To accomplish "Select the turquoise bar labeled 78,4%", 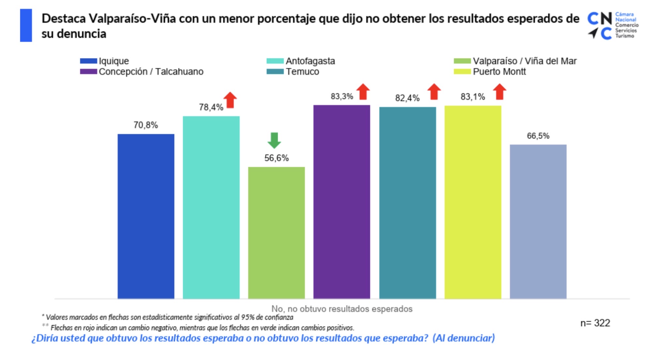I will pyautogui.click(x=211, y=207).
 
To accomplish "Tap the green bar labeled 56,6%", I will pyautogui.click(x=276, y=233).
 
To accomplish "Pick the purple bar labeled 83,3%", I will pyautogui.click(x=342, y=202).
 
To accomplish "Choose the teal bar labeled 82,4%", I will pyautogui.click(x=408, y=203).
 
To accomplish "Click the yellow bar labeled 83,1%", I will pyautogui.click(x=473, y=202).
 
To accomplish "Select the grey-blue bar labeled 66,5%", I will pyautogui.click(x=538, y=221).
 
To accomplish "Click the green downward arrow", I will pyautogui.click(x=274, y=141).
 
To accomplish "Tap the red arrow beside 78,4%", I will pyautogui.click(x=230, y=100).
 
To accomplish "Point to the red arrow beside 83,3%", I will pyautogui.click(x=363, y=92).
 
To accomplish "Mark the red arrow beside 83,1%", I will pyautogui.click(x=500, y=92).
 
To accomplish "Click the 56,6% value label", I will pyautogui.click(x=276, y=158).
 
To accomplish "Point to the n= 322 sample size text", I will pyautogui.click(x=595, y=323).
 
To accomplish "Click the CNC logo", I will pyautogui.click(x=612, y=25).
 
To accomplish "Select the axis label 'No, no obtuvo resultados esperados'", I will pyautogui.click(x=342, y=308).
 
